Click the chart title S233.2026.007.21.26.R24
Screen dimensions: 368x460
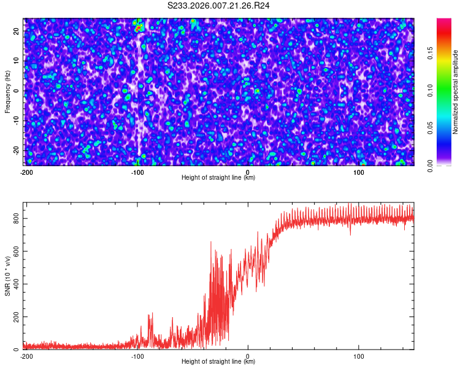pos(219,6)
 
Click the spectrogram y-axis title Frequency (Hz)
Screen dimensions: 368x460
pos(7,91)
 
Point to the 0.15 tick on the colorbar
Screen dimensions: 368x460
pos(431,53)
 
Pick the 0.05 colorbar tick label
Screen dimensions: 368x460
pos(431,128)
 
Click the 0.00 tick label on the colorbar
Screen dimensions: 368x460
pos(431,166)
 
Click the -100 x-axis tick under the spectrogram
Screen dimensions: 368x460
pos(137,172)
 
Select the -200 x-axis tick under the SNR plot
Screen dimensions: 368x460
pos(26,356)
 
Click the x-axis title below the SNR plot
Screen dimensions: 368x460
pos(218,362)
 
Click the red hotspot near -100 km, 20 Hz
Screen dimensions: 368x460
pos(139,28)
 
